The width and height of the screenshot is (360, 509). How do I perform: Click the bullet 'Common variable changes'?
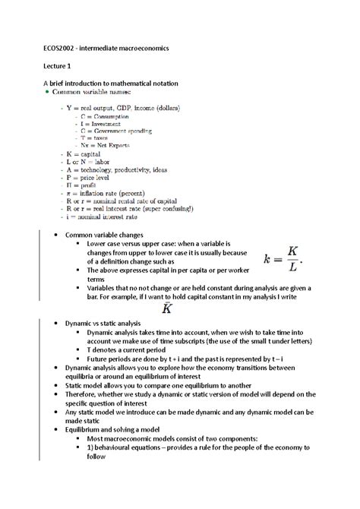click(104, 236)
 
